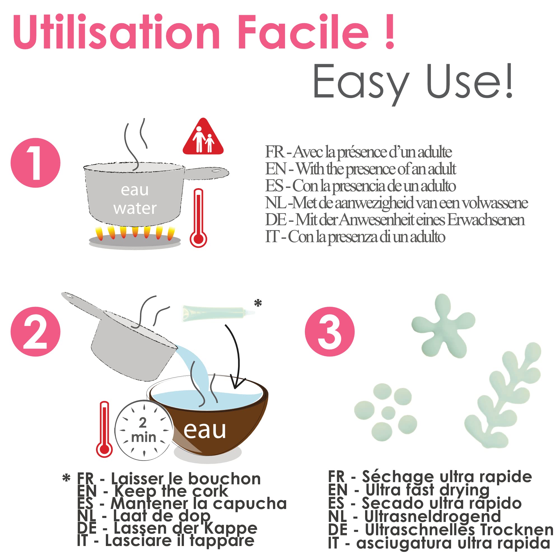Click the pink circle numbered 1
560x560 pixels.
(x=35, y=163)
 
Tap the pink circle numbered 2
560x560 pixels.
(x=35, y=332)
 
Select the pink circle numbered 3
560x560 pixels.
(x=330, y=332)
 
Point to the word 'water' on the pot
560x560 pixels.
(x=135, y=208)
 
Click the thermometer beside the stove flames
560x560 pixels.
(x=198, y=218)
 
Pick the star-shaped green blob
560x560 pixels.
(x=443, y=326)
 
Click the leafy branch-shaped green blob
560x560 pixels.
(x=503, y=396)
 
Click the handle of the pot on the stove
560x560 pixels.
(x=206, y=173)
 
